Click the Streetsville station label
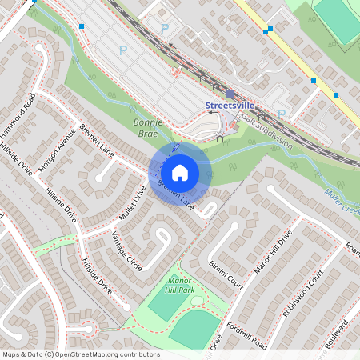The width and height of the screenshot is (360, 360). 230,106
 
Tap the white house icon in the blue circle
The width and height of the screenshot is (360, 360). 180,172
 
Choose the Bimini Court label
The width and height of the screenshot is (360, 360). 226,274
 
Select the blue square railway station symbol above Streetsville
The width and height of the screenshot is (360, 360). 230,94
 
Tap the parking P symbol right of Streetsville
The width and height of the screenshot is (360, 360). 281,114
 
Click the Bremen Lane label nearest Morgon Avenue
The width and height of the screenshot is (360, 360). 96,139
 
